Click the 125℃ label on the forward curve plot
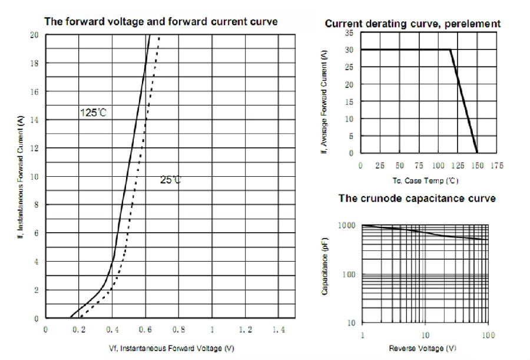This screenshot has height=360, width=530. tap(94, 112)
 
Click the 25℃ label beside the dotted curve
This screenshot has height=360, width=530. tap(171, 179)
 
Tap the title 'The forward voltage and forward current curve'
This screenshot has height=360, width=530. tap(161, 22)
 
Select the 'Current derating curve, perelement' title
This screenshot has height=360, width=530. tap(412, 24)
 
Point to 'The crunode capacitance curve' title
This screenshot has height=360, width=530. tap(417, 199)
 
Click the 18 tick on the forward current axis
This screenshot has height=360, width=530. tap(35, 63)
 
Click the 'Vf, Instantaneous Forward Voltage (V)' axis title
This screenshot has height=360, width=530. tap(171, 348)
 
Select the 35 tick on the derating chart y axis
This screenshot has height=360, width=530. tap(349, 33)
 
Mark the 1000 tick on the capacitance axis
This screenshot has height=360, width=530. tap(347, 226)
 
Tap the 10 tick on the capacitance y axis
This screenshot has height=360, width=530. tap(351, 323)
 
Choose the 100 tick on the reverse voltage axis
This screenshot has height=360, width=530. tap(488, 335)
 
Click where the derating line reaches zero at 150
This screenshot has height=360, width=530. tap(477, 153)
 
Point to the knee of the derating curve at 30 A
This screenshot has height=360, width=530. tap(450, 49)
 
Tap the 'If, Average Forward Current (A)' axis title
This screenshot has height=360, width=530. tap(324, 101)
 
